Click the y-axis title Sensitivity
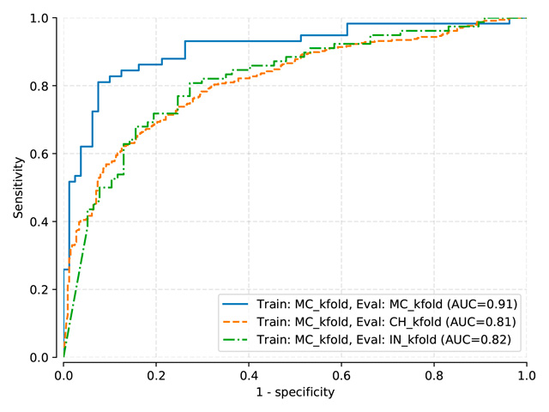click(18, 187)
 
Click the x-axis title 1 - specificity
click(294, 392)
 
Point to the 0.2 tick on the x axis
click(156, 374)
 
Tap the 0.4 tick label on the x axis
click(249, 374)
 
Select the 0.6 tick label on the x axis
click(341, 374)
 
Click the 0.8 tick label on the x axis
click(434, 374)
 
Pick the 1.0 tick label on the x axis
click(527, 374)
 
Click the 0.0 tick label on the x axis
click(63, 374)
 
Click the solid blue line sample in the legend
click(239, 304)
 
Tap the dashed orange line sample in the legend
click(239, 322)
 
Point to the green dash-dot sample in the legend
click(239, 340)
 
